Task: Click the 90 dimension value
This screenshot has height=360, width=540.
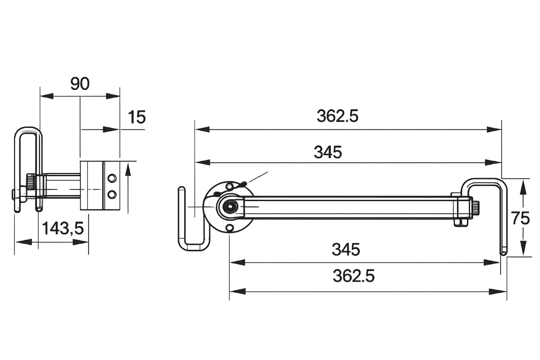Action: click(x=80, y=84)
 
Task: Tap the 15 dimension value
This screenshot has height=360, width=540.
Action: click(x=137, y=117)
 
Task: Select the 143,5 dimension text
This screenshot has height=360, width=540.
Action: click(x=63, y=229)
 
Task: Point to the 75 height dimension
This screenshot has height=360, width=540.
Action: click(x=521, y=218)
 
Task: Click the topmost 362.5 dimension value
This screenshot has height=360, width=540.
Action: click(x=337, y=116)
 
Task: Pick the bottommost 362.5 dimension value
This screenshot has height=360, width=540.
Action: click(x=353, y=277)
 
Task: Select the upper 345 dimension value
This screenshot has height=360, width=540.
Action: click(x=328, y=152)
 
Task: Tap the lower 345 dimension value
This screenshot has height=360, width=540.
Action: click(x=346, y=249)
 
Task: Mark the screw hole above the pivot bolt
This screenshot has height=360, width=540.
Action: click(x=229, y=187)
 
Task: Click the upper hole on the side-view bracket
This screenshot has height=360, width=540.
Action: click(x=111, y=178)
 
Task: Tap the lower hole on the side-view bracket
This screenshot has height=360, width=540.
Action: click(x=111, y=194)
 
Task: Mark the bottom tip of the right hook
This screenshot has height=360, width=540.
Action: click(x=503, y=253)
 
